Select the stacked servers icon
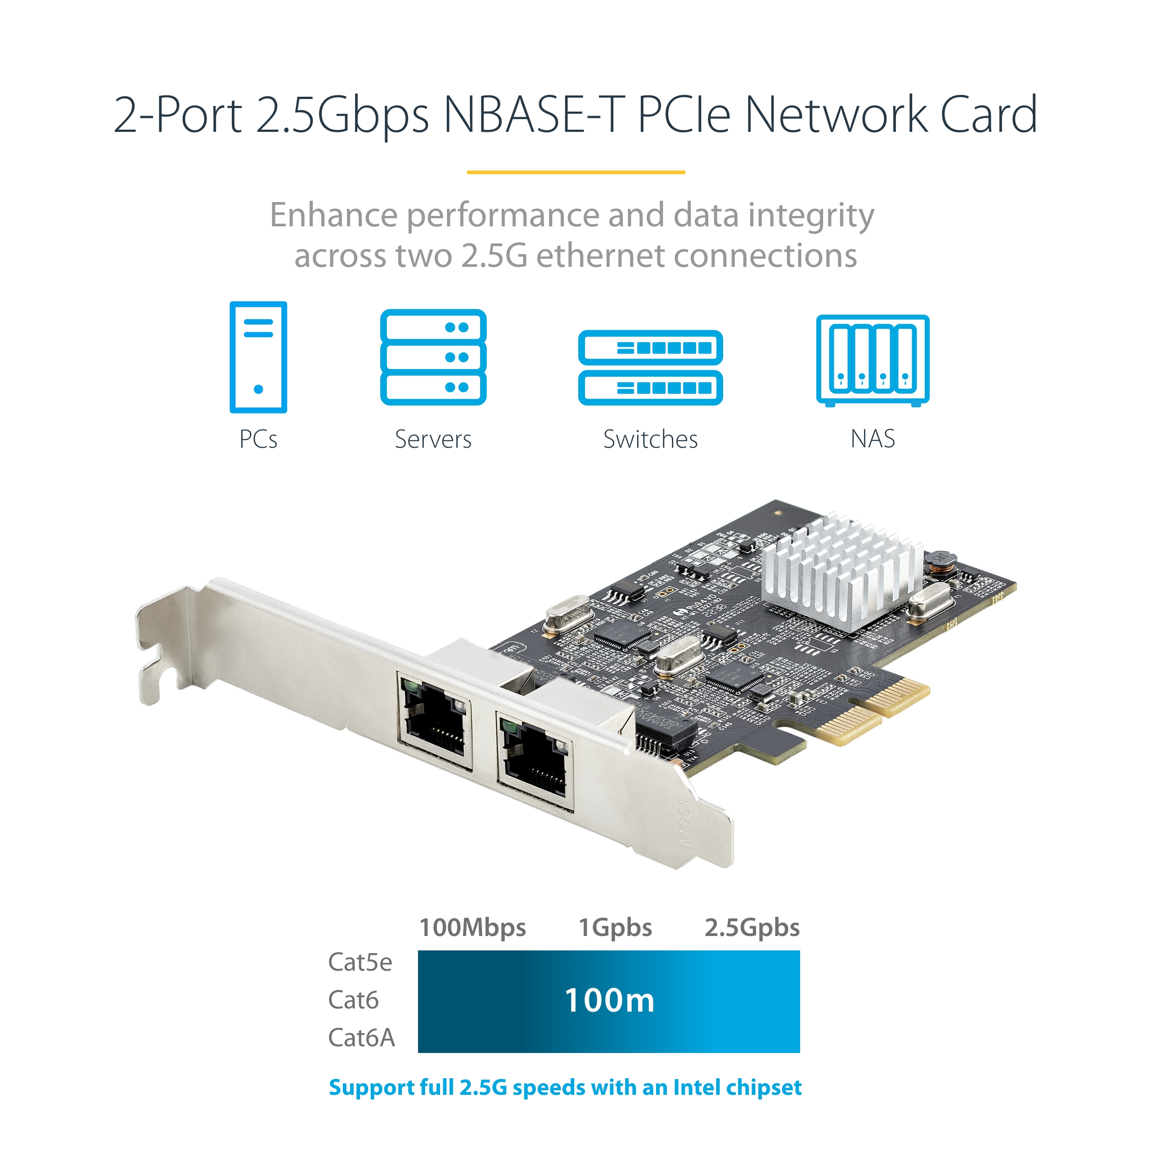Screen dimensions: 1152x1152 (433, 357)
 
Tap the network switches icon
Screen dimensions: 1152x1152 (651, 367)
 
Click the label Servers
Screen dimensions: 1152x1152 (433, 440)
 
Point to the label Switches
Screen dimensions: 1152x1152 (651, 440)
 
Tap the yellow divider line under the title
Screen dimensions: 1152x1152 (576, 172)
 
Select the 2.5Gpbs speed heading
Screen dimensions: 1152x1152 (752, 927)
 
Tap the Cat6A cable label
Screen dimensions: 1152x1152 (361, 1038)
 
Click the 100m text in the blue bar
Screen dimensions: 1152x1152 (609, 1000)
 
